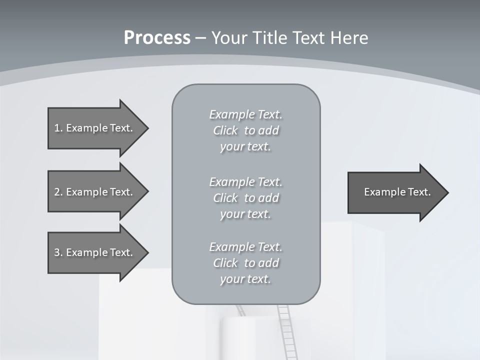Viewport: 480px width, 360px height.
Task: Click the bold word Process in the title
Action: (157, 38)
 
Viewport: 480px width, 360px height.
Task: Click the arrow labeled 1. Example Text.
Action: (95, 128)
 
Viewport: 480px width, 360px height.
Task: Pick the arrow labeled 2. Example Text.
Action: (95, 192)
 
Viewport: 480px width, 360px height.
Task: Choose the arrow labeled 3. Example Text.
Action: (95, 252)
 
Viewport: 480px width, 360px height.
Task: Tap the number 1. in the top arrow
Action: (58, 128)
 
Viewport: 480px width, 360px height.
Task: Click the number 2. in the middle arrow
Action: (58, 192)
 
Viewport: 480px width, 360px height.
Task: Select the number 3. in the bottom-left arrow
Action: (58, 252)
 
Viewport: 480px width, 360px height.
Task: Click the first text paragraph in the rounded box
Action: (246, 130)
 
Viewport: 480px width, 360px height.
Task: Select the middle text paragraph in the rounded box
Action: (246, 198)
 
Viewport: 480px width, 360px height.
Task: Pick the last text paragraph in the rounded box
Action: (246, 263)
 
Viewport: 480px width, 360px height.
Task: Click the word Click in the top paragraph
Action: (225, 130)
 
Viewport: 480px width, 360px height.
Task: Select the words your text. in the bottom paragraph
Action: (245, 279)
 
